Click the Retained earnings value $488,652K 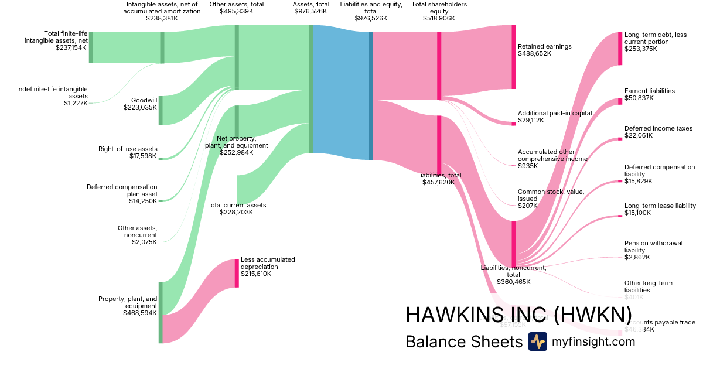pos(535,53)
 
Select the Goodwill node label pos(144,100)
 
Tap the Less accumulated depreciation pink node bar pos(237,273)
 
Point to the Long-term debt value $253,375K pos(641,49)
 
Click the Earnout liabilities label pos(650,91)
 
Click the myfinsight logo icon pos(537,341)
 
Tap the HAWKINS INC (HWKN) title pos(518,315)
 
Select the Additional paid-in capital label pos(555,113)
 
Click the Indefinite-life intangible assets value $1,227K pos(76,103)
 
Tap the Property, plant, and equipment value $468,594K pos(140,313)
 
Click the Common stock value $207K pos(529,206)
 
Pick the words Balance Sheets pos(463,341)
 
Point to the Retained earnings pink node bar pos(514,57)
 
